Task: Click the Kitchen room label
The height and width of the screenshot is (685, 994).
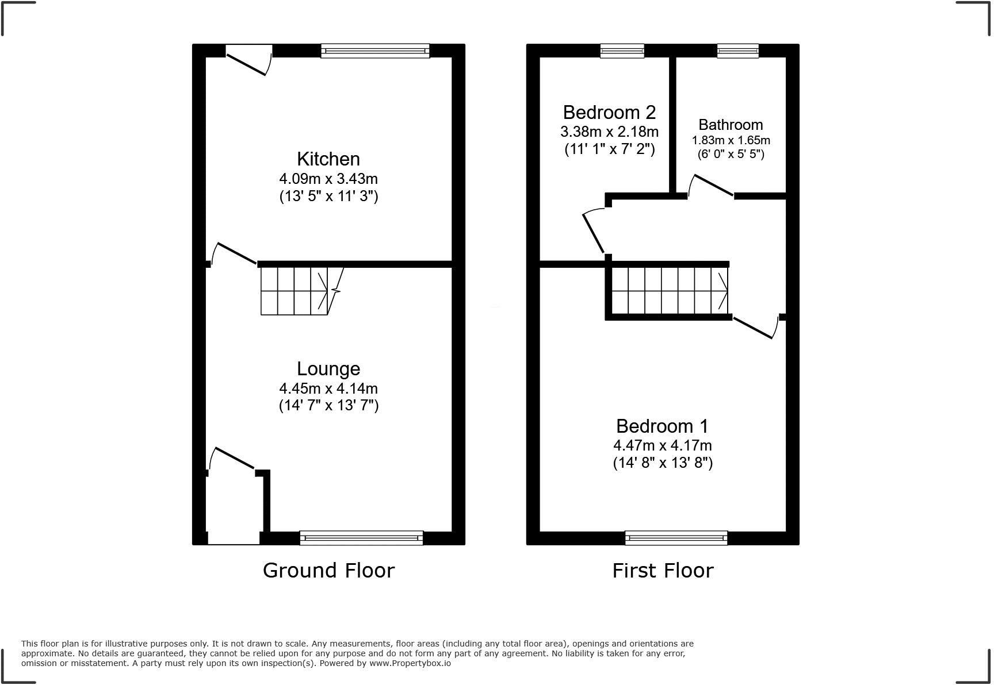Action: point(328,159)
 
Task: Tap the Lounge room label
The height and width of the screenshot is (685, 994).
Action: point(328,369)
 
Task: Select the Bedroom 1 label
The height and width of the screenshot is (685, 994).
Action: point(662,426)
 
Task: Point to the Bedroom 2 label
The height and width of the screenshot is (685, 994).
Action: point(609,112)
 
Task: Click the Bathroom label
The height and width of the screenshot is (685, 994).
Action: point(731,125)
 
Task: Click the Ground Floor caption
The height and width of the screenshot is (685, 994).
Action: point(328,571)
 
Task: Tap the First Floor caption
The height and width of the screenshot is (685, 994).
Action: point(663,571)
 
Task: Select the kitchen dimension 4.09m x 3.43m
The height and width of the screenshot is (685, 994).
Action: point(328,179)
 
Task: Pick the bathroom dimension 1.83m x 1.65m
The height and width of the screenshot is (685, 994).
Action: point(731,140)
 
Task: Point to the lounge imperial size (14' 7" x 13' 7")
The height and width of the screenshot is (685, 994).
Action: point(328,406)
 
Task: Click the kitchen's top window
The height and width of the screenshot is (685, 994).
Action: point(375,51)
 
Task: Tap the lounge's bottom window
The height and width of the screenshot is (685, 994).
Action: point(361,538)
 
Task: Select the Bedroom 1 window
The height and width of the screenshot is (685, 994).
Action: point(676,538)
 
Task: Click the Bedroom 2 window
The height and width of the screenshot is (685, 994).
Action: point(622,51)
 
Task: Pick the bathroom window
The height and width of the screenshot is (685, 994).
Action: point(737,51)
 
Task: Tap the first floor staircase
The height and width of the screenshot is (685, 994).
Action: point(668,291)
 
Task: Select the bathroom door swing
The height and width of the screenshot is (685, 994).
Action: point(710,186)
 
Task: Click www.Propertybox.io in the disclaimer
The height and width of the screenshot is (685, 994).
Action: point(410,663)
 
